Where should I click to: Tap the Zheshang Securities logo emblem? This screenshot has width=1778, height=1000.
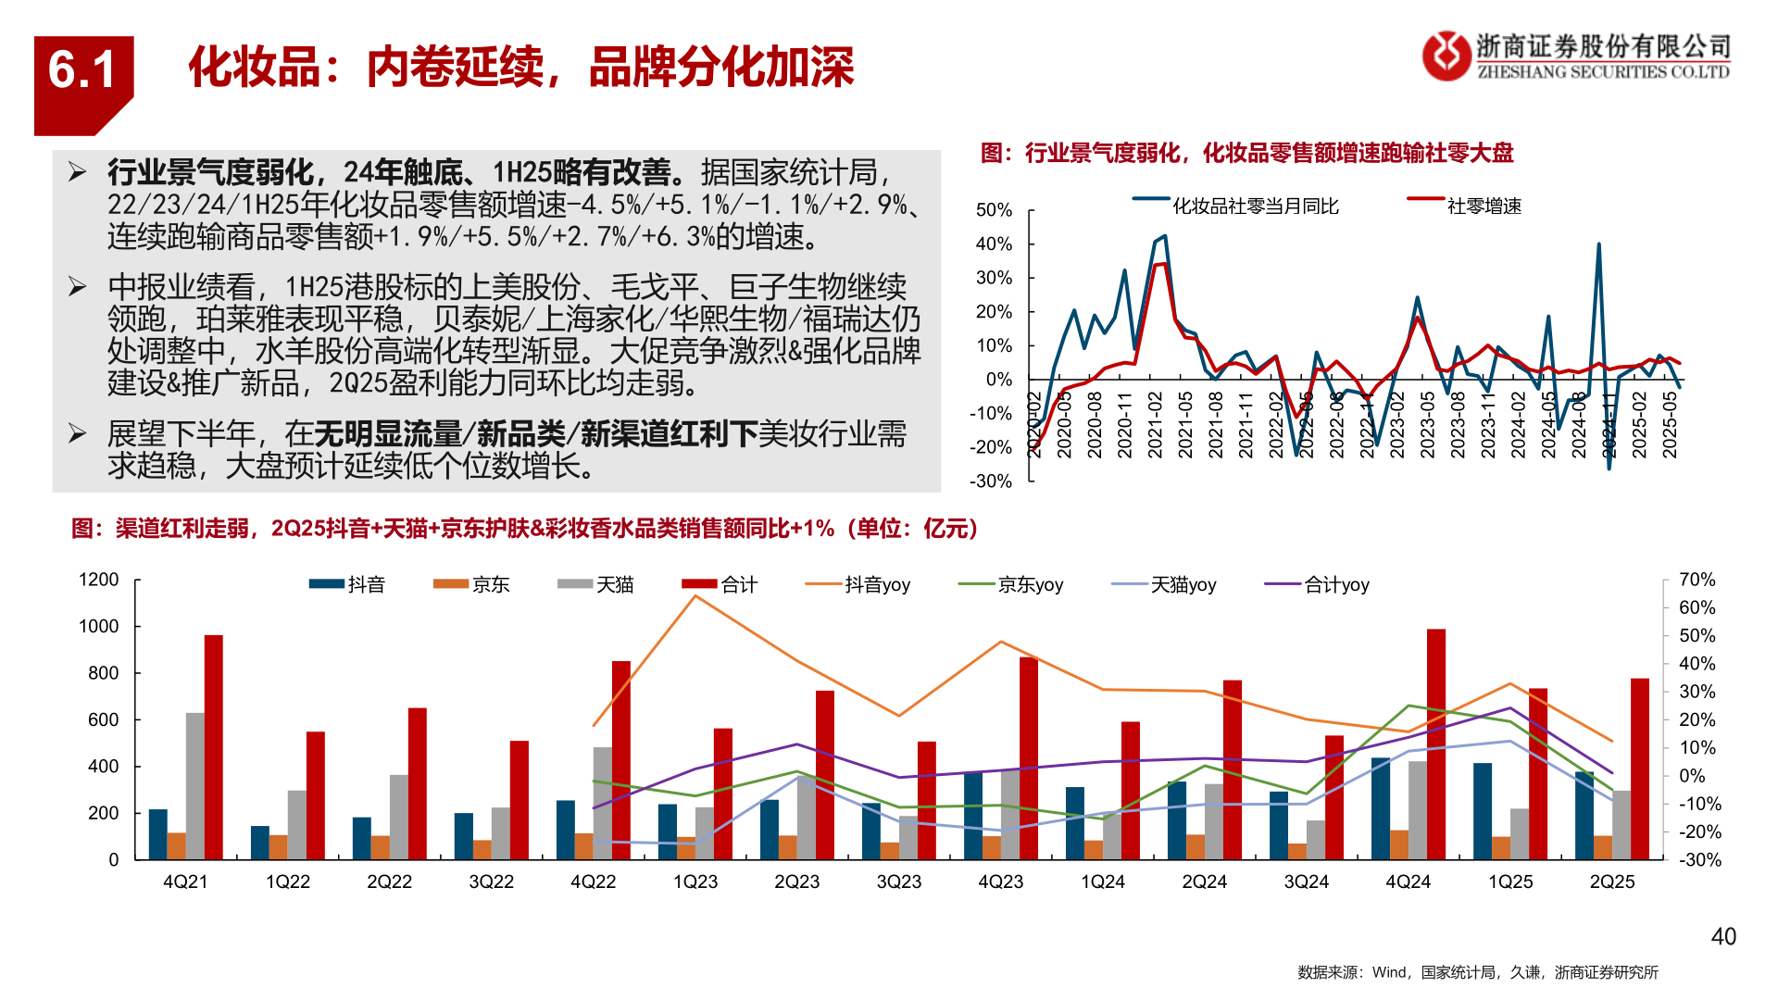tap(1446, 56)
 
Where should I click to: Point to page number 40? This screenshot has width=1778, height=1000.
tap(1723, 937)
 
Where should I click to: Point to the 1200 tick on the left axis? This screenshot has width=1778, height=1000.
tap(99, 580)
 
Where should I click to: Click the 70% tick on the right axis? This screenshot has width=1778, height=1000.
tap(1697, 580)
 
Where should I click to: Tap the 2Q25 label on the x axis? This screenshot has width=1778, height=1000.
tap(1612, 882)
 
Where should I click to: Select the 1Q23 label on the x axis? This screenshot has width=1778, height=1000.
tap(695, 882)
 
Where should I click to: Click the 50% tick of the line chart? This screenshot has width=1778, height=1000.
tap(994, 210)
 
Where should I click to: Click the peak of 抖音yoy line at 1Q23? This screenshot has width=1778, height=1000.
tap(695, 595)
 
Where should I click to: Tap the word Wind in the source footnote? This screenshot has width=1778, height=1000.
tap(1389, 972)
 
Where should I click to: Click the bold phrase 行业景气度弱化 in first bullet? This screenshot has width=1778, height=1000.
tap(210, 172)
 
